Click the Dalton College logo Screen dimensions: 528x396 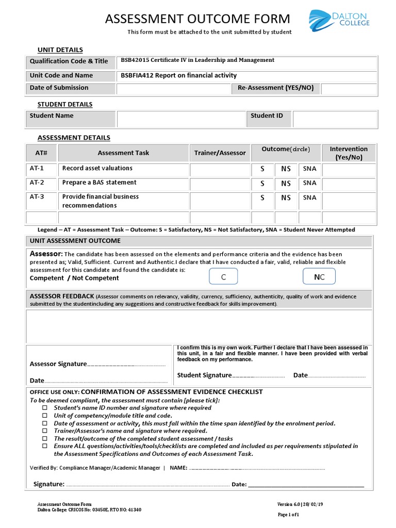338,21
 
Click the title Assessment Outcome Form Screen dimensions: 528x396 197,20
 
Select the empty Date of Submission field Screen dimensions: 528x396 173,89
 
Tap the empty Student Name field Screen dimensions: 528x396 180,119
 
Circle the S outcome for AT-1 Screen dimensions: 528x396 262,169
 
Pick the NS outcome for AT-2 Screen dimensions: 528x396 286,183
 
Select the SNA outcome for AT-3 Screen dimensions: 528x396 309,197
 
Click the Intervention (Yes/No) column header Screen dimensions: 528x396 349,153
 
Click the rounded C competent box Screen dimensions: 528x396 223,277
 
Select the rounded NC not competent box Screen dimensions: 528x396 319,277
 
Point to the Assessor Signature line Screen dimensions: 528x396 126,365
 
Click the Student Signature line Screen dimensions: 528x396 258,376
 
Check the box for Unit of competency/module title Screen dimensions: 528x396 45,416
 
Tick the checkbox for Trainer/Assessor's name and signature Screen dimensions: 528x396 45,431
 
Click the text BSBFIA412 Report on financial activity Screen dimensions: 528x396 178,75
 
